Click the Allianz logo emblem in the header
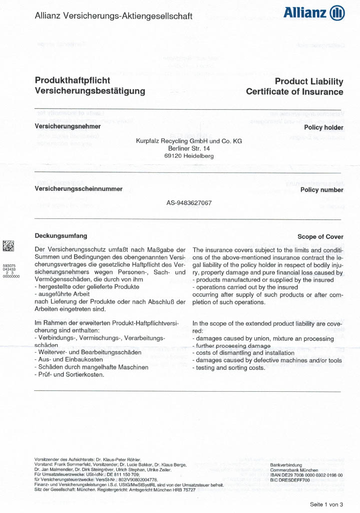pos(337,14)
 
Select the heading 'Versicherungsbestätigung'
pos(90,91)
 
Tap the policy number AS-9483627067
pos(189,203)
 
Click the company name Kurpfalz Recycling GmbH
pos(189,141)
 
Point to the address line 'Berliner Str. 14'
pos(189,149)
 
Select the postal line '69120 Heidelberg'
pos(189,156)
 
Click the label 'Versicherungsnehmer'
pos(68,127)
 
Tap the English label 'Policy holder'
pos(323,128)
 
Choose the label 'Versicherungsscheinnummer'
pos(78,189)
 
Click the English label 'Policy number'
pos(321,190)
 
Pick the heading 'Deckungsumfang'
pos(61,235)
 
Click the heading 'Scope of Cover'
pos(320,237)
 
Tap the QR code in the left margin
pos(9,245)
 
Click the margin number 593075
pos(10,266)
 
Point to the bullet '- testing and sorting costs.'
pos(228,368)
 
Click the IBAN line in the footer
pos(306,474)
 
